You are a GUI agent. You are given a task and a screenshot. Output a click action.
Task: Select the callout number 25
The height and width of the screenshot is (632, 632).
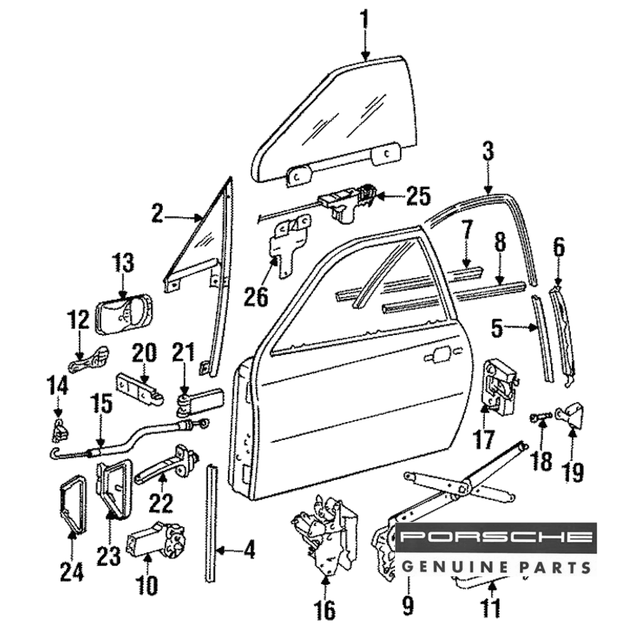[418, 197]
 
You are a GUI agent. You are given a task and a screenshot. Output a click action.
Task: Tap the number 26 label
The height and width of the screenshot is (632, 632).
[257, 296]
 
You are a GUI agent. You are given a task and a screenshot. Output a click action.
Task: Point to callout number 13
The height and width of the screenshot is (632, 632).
[124, 262]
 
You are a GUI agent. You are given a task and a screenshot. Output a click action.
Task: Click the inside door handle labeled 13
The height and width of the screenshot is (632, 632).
[124, 314]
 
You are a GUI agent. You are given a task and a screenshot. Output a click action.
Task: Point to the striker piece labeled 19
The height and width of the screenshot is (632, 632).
[571, 415]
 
